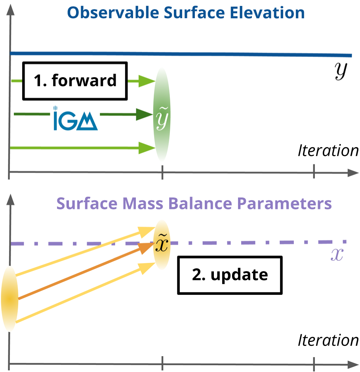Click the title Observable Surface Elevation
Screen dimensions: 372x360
click(186, 13)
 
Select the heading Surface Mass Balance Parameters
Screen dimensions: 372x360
click(194, 204)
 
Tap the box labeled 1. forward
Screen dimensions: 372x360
click(75, 80)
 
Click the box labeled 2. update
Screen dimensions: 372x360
click(230, 275)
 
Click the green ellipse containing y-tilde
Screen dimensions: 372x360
click(162, 115)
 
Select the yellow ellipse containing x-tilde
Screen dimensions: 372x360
click(162, 245)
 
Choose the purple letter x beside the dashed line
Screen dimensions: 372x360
click(337, 256)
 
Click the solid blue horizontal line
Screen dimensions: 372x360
click(238, 54)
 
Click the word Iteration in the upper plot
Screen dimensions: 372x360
click(328, 151)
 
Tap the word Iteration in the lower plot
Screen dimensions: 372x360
click(328, 340)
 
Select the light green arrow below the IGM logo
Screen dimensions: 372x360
click(79, 148)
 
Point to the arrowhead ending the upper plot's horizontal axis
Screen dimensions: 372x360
click(352, 173)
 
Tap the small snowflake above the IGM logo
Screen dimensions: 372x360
click(55, 108)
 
